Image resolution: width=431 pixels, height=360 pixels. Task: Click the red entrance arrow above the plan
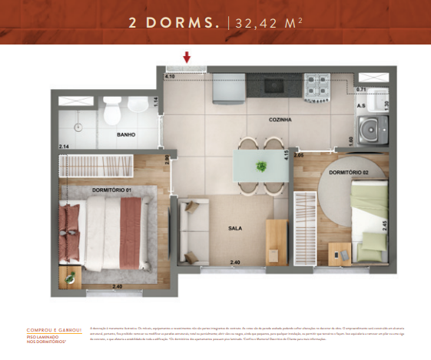point(187,57)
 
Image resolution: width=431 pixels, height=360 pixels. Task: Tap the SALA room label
point(235,229)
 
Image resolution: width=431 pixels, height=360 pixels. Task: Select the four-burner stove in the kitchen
point(317,86)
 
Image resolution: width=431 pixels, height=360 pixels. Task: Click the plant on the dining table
point(261,165)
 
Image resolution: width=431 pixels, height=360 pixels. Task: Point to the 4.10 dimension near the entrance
point(170,77)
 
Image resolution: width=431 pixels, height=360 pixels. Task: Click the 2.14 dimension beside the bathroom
point(63,146)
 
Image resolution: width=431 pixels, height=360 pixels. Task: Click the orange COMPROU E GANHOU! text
point(54,331)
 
